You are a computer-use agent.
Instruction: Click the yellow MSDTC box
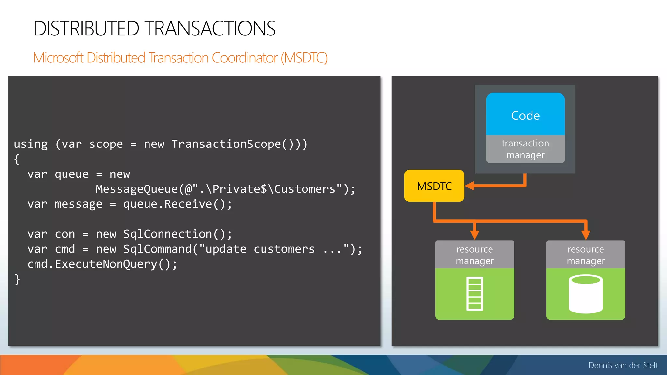(x=434, y=186)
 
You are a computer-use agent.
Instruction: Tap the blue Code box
(x=525, y=115)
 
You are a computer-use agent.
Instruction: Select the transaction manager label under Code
(x=525, y=149)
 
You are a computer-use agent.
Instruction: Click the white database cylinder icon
(x=586, y=294)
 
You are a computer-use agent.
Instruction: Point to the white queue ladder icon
(x=475, y=294)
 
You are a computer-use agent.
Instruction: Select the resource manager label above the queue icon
(x=475, y=255)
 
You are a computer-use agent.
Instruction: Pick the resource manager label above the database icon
(x=586, y=255)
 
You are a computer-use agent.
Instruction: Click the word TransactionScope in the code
(x=226, y=144)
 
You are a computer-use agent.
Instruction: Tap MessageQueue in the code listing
(x=136, y=189)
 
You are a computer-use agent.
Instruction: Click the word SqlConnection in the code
(x=167, y=234)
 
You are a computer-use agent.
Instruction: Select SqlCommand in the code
(x=157, y=249)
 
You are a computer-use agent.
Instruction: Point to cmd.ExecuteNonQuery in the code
(x=102, y=264)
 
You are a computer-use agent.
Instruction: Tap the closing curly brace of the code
(x=17, y=279)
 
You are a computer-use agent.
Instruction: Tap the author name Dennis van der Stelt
(x=623, y=365)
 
